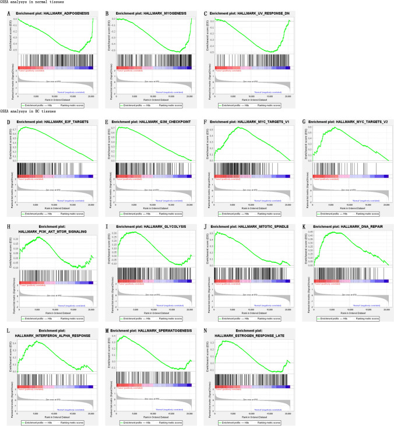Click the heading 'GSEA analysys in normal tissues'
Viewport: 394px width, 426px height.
click(29, 4)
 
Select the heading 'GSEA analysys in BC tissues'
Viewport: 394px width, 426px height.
click(26, 111)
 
